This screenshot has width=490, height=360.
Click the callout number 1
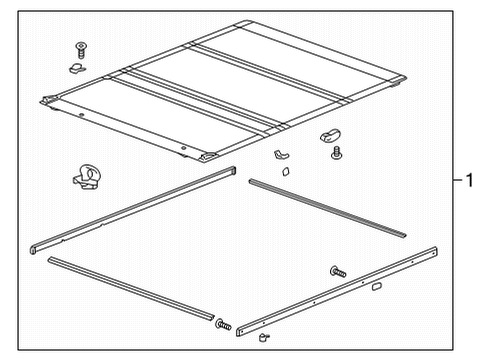point(468,181)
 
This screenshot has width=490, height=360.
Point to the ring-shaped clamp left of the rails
point(89,178)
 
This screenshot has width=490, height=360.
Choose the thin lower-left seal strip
point(130,290)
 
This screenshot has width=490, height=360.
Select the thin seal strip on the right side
point(326,207)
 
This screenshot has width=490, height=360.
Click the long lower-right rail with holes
point(340,290)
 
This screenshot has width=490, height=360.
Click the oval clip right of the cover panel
point(331,134)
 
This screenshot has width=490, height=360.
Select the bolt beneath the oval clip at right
point(338,153)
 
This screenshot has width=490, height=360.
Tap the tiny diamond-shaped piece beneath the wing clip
point(284,172)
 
